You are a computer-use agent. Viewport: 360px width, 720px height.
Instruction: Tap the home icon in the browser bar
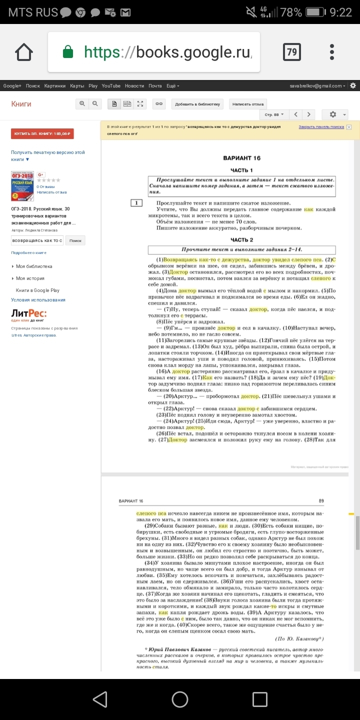pyautogui.click(x=24, y=52)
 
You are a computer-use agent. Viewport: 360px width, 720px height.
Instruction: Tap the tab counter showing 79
pyautogui.click(x=291, y=52)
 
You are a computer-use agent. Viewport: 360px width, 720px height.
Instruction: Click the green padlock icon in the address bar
pyautogui.click(x=67, y=52)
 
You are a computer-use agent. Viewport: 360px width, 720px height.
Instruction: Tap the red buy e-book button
pyautogui.click(x=42, y=133)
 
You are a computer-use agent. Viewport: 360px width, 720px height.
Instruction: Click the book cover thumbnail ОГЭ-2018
pyautogui.click(x=22, y=186)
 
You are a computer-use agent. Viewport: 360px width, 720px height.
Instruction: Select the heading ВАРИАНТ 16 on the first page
pyautogui.click(x=241, y=158)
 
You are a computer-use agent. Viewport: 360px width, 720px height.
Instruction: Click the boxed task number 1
pyautogui.click(x=136, y=203)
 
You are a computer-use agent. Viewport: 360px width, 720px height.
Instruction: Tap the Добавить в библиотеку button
pyautogui.click(x=197, y=104)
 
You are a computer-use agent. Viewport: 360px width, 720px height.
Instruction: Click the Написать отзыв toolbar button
pyautogui.click(x=247, y=104)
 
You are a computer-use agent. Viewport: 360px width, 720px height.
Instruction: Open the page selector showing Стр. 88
pyautogui.click(x=274, y=114)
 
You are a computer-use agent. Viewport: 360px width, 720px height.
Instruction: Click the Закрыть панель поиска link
pyautogui.click(x=321, y=127)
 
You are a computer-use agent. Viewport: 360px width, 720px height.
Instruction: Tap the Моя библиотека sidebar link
pyautogui.click(x=34, y=266)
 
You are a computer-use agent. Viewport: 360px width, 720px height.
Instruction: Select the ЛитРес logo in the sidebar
pyautogui.click(x=29, y=314)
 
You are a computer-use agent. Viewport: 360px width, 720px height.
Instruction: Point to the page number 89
pyautogui.click(x=321, y=500)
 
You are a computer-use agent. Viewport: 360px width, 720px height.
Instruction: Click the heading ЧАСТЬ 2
pyautogui.click(x=241, y=240)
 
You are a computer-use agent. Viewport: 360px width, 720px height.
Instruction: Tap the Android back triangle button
pyautogui.click(x=100, y=699)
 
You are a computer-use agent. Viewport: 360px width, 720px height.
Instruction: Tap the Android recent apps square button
pyautogui.click(x=259, y=699)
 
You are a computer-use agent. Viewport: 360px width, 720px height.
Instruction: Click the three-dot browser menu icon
pyautogui.click(x=332, y=52)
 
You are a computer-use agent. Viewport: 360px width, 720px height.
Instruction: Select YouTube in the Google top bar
pyautogui.click(x=111, y=86)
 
